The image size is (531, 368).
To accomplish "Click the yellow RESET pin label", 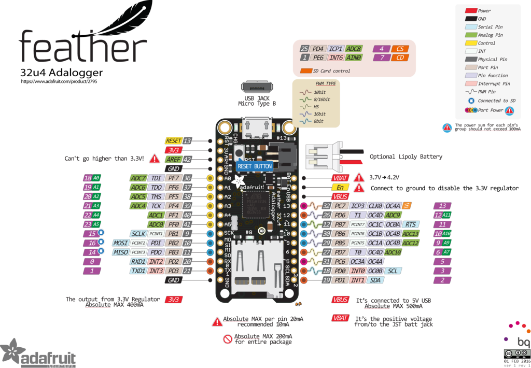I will [x=173, y=140].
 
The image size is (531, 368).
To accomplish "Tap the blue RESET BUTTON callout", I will [x=254, y=166].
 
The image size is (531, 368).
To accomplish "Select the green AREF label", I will [x=173, y=159].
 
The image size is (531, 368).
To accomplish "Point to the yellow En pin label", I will [x=340, y=187].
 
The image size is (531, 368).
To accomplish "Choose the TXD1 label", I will [x=137, y=271].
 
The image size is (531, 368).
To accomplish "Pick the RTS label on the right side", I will [x=410, y=224].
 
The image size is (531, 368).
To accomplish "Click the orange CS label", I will [x=399, y=49].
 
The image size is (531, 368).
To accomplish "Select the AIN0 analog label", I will [x=354, y=57].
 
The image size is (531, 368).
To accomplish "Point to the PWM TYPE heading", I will [x=326, y=83].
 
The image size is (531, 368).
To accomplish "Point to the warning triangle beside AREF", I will [x=154, y=159].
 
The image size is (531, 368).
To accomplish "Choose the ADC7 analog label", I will [x=138, y=178].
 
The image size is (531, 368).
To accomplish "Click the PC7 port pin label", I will [x=341, y=206].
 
